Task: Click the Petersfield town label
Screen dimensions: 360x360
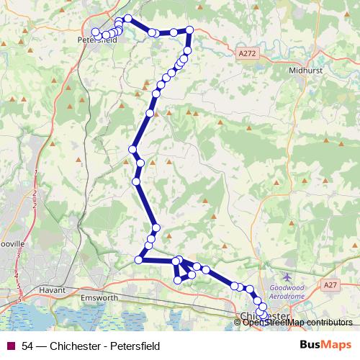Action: coord(96,40)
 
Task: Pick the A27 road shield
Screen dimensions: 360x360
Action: coord(330,286)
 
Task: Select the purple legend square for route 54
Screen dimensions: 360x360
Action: coord(9,346)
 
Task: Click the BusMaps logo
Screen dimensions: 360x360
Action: coord(325,345)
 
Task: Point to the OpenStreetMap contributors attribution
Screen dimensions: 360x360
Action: coord(297,322)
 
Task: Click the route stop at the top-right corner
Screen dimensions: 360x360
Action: coord(189,30)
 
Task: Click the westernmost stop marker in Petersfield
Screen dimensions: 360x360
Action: coord(94,31)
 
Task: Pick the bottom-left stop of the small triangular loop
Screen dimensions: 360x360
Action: coord(178,280)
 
